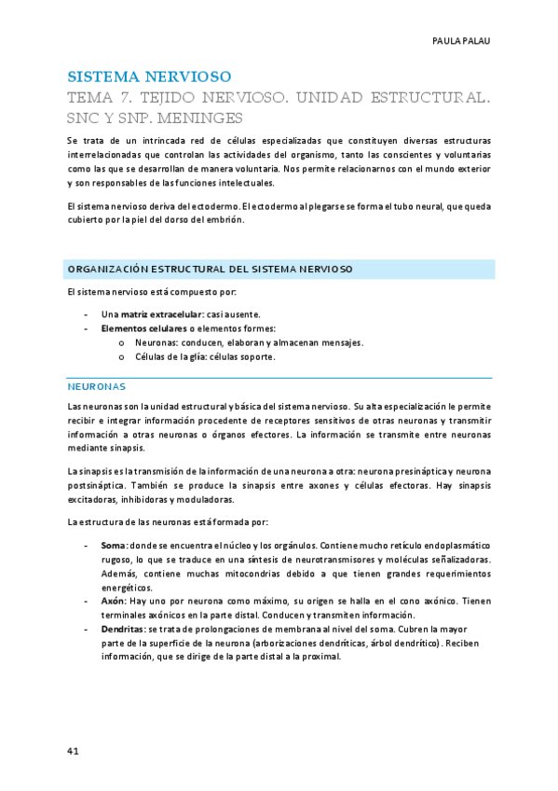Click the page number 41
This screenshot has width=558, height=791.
click(x=73, y=752)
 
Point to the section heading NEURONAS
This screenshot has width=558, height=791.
click(x=97, y=385)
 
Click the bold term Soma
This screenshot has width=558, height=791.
click(x=114, y=545)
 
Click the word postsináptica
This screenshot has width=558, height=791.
click(x=96, y=486)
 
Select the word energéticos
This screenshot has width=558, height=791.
click(x=126, y=587)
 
